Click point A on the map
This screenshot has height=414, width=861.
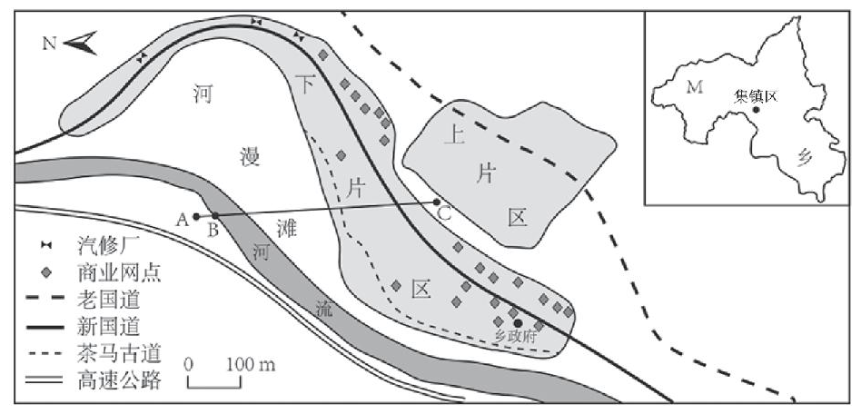coord(196,216)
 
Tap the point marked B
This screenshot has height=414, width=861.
coord(215,216)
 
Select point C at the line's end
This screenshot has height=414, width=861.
coord(437,202)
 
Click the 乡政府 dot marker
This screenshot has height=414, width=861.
coord(517,322)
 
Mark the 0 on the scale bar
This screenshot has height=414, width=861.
coord(189,364)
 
